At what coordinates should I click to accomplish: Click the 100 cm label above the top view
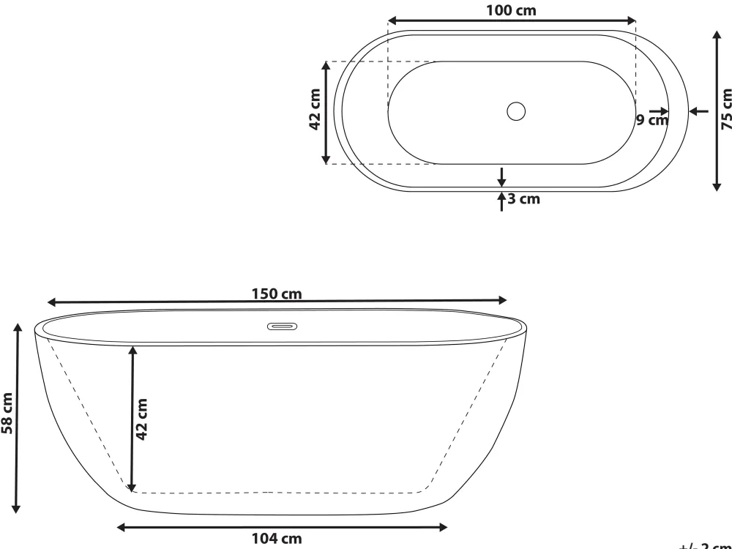coord(511,10)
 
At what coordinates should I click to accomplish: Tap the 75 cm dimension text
coord(725,110)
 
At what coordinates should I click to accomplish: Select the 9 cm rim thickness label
coord(651,120)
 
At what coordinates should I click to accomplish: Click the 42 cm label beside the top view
coord(315,110)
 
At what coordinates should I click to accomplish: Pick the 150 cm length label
coord(276,294)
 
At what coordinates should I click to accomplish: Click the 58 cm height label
coord(7,414)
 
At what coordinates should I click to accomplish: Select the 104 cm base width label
coord(276,539)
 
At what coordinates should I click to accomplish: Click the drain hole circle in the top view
coord(516,111)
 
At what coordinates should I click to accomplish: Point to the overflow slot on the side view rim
coord(281,326)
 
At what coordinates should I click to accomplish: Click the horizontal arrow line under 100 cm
coord(511,20)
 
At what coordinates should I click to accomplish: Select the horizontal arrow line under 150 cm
coord(277,301)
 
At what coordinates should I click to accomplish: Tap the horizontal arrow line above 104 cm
coord(282,526)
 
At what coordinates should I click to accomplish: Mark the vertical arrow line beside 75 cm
coord(716,110)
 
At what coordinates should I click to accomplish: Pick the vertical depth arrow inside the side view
coord(132,419)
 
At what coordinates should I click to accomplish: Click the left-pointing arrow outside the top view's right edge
coord(700,111)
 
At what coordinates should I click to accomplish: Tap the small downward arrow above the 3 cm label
coord(501,176)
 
